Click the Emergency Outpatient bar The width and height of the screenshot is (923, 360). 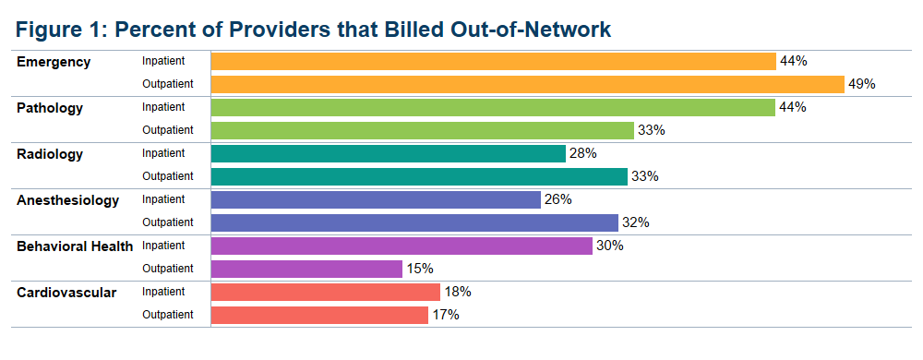(528, 84)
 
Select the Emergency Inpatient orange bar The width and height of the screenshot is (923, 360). (494, 61)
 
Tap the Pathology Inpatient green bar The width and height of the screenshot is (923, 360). (493, 107)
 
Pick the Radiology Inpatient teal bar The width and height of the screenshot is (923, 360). (389, 153)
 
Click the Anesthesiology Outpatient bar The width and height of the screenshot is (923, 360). (414, 222)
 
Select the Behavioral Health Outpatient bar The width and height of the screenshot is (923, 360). (306, 269)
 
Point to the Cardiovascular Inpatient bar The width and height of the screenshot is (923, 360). (326, 292)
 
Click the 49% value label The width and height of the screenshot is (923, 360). (861, 84)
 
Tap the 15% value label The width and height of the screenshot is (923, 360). (419, 269)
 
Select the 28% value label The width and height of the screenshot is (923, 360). (582, 153)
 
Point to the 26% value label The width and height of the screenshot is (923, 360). (557, 199)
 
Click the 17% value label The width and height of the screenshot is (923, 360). (445, 315)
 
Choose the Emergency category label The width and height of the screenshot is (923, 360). (54, 62)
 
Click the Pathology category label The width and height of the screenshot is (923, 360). (50, 108)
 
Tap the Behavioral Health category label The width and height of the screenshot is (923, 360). (75, 246)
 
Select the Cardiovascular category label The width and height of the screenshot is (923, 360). (66, 293)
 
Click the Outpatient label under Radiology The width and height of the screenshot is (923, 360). (167, 176)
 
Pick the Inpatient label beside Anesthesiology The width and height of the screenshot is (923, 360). (163, 199)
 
